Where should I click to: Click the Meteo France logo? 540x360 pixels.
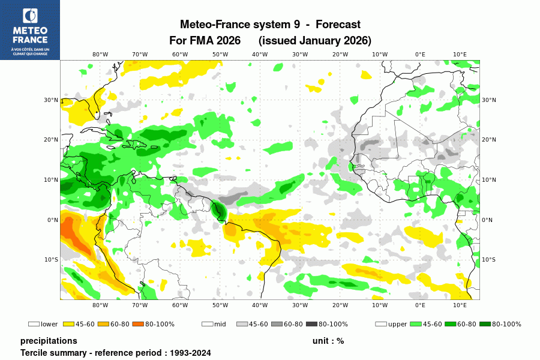[30, 30]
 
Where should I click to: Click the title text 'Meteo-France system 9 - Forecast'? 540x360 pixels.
[270, 25]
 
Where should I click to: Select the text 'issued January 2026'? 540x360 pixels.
[315, 41]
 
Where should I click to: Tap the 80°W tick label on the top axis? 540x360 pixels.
[100, 54]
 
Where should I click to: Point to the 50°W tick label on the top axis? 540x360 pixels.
[220, 54]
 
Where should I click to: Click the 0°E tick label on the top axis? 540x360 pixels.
[420, 54]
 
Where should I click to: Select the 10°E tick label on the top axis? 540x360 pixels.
[460, 54]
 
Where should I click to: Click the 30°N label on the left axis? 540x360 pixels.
[51, 100]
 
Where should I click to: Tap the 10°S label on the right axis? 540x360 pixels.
[489, 260]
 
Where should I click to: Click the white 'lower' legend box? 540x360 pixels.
[34, 325]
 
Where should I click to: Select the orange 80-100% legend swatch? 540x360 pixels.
[136, 325]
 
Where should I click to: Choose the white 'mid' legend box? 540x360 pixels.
[208, 325]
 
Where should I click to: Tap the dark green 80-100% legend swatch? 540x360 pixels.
[485, 325]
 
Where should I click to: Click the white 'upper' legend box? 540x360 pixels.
[381, 325]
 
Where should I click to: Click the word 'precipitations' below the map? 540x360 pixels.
[49, 341]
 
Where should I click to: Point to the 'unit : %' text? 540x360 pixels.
[328, 341]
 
